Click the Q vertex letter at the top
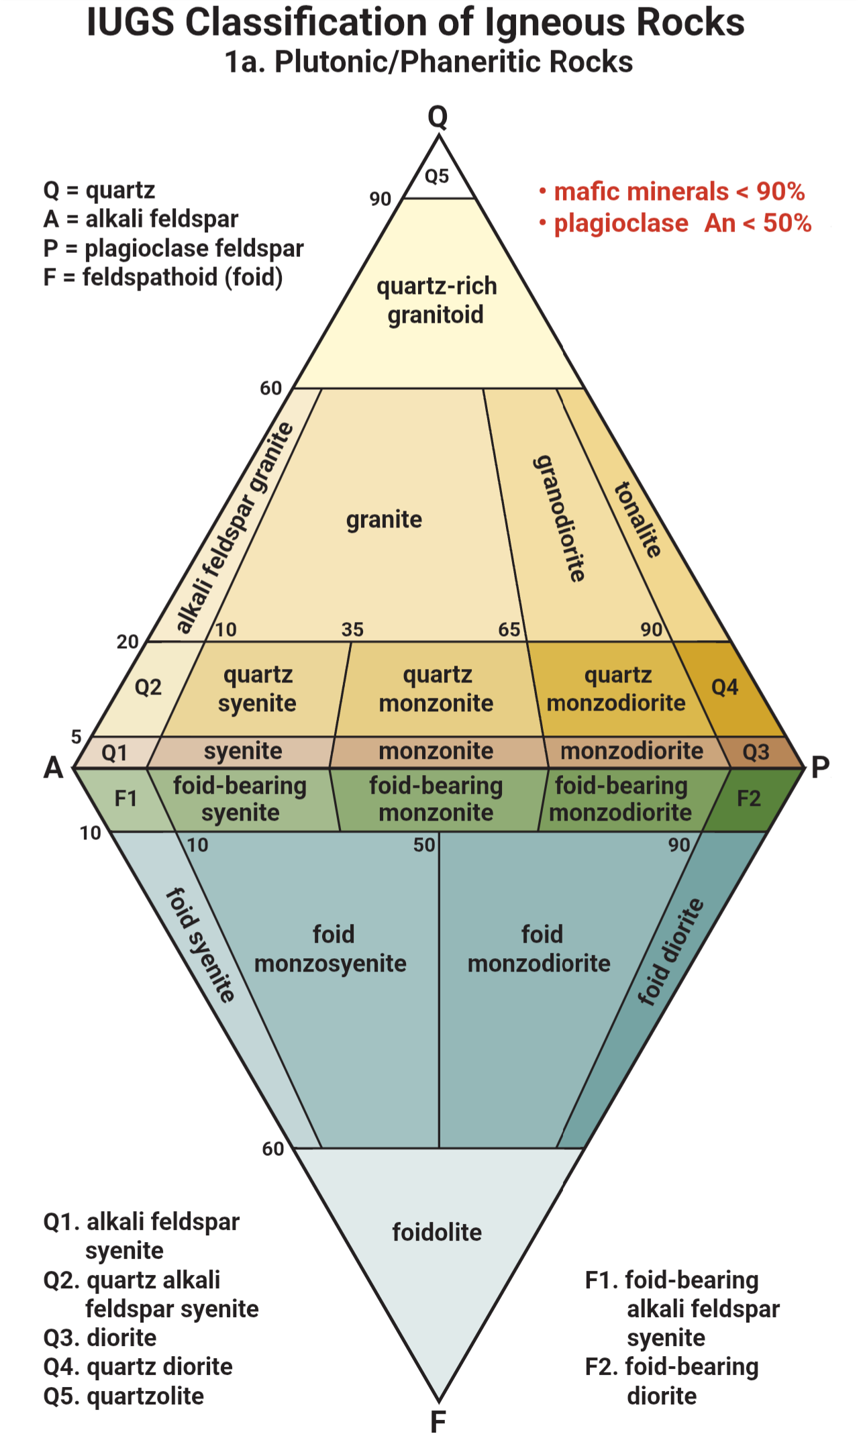click(x=438, y=117)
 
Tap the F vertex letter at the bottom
click(x=438, y=1421)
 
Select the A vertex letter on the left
click(x=54, y=767)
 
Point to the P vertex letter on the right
click(x=820, y=767)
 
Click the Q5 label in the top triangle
click(x=437, y=176)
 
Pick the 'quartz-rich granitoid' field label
click(x=436, y=300)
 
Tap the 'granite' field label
click(x=384, y=519)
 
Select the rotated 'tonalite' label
click(x=638, y=519)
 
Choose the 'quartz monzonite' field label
click(x=436, y=688)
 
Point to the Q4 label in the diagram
click(x=725, y=687)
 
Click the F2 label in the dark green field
click(x=749, y=799)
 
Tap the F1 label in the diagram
click(x=125, y=799)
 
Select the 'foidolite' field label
click(x=437, y=1232)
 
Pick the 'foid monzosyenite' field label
click(x=331, y=949)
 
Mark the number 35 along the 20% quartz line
click(x=352, y=629)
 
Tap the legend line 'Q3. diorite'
click(x=100, y=1337)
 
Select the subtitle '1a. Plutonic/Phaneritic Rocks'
click(x=429, y=62)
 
